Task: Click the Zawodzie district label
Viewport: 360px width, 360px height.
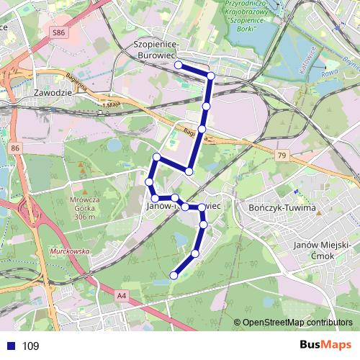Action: (53, 94)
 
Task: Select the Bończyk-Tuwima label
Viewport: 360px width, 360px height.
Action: (282, 208)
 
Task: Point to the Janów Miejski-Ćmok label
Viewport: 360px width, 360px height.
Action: (323, 251)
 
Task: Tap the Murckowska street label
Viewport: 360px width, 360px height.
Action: (69, 251)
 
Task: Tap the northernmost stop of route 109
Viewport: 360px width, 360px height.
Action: (178, 65)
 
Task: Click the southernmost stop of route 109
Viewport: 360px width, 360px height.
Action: (174, 275)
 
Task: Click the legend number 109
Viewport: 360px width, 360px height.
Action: (30, 346)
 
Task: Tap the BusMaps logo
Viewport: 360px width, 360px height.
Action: (325, 346)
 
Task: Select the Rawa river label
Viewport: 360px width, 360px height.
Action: (328, 72)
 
